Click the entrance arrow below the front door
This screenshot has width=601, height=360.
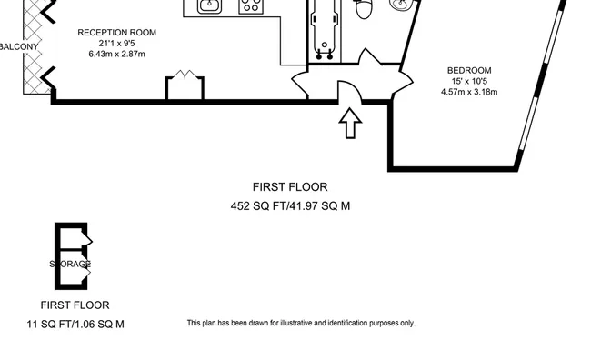(x=350, y=125)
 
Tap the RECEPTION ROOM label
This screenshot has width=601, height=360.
(x=116, y=32)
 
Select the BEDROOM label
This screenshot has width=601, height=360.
(x=469, y=70)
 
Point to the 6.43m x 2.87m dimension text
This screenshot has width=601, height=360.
(x=116, y=55)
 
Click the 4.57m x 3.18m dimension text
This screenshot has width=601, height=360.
(x=469, y=92)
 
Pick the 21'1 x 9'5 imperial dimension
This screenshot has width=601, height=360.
(x=116, y=43)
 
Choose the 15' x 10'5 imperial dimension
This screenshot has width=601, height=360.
(x=469, y=81)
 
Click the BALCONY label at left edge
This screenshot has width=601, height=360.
(x=17, y=46)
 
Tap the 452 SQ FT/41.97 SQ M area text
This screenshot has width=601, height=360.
(x=290, y=206)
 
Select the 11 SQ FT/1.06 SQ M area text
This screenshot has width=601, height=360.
(x=76, y=324)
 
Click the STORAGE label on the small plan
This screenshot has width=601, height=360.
(x=70, y=265)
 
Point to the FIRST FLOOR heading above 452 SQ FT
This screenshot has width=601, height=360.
(x=290, y=187)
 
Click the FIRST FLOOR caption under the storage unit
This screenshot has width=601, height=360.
(x=75, y=305)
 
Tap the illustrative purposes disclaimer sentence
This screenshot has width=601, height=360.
(x=300, y=323)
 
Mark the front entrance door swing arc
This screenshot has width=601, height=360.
(x=349, y=91)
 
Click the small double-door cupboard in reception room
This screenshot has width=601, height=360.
(x=185, y=86)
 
